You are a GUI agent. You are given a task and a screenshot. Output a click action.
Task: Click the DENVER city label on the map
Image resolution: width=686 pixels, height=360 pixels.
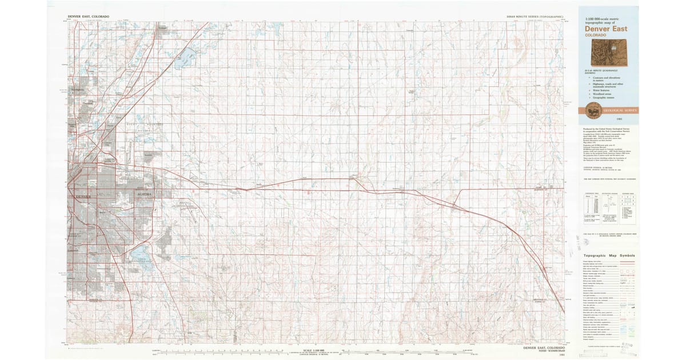[83, 197]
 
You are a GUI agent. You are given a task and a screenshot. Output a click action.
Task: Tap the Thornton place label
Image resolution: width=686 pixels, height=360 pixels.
[87, 103]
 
